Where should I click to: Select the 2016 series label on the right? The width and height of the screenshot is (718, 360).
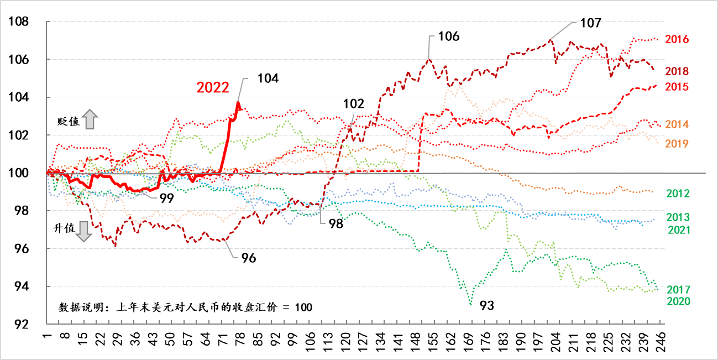click(677, 39)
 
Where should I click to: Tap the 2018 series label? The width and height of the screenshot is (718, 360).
click(677, 71)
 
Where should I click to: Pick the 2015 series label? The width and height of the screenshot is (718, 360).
click(677, 87)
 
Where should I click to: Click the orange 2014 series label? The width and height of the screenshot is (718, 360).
click(677, 124)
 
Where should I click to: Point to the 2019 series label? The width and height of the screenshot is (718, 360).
click(677, 144)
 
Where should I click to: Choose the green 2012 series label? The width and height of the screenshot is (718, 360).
click(678, 194)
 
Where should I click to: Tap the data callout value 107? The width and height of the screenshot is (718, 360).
click(590, 23)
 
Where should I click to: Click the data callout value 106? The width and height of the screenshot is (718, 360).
click(448, 36)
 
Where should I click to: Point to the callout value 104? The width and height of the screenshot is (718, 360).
click(268, 79)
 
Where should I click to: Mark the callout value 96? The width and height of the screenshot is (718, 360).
click(248, 259)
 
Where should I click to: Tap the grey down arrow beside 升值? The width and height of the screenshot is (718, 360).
click(83, 231)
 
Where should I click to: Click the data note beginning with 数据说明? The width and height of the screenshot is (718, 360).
click(185, 307)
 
